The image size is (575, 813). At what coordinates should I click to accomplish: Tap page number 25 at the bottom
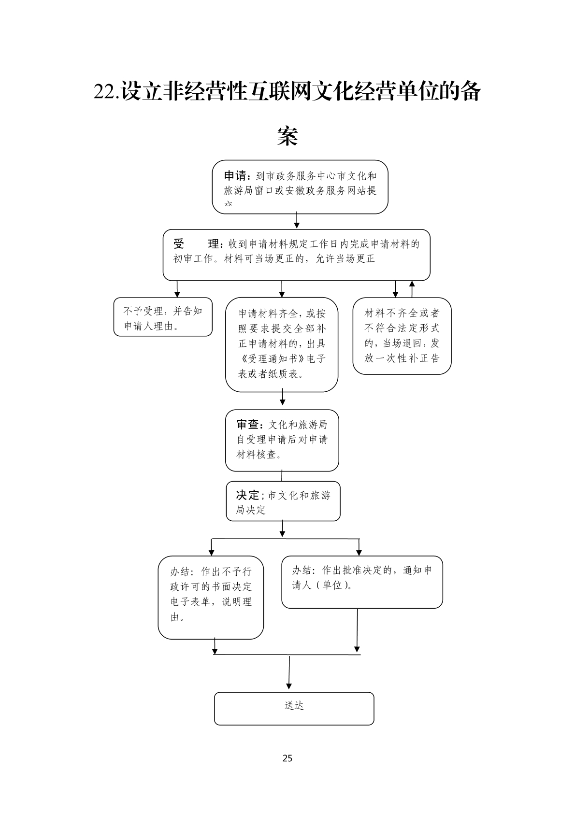point(287,758)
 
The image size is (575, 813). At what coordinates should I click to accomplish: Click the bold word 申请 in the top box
point(235,175)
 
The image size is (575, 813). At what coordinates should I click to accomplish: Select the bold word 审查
point(248,425)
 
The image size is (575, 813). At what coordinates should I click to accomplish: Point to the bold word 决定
point(247,495)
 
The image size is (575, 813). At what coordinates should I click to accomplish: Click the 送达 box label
point(294,706)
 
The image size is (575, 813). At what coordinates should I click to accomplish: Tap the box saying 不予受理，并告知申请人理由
point(163,317)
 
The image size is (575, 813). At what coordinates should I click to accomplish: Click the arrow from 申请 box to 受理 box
point(297,221)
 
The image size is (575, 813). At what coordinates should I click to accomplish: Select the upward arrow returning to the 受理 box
point(412,288)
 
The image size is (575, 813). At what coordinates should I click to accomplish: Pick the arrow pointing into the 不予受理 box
point(177,289)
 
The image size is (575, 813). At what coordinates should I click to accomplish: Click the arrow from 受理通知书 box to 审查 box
point(283,398)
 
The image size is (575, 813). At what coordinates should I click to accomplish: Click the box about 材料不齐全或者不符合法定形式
point(402,336)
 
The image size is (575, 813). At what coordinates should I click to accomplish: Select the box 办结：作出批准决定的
point(362,582)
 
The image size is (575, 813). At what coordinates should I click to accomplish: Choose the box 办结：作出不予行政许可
point(211,597)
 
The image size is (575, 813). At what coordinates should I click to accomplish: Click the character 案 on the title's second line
point(287,136)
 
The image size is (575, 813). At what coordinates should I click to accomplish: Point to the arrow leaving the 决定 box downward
point(283,529)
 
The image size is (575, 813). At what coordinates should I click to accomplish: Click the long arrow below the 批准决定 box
point(357,630)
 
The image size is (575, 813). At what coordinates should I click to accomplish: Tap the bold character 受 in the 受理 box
point(179,244)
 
